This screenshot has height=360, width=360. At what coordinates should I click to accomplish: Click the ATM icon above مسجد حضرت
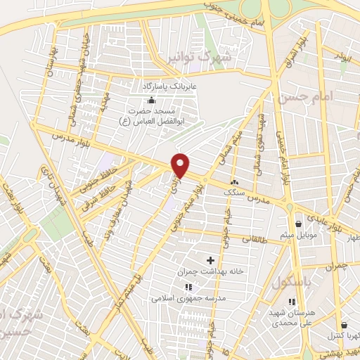(151, 98)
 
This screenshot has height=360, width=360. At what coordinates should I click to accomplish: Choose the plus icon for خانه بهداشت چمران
(210, 261)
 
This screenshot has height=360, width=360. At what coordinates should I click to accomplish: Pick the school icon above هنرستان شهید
(292, 302)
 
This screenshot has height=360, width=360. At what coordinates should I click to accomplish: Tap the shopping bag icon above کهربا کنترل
(344, 325)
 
